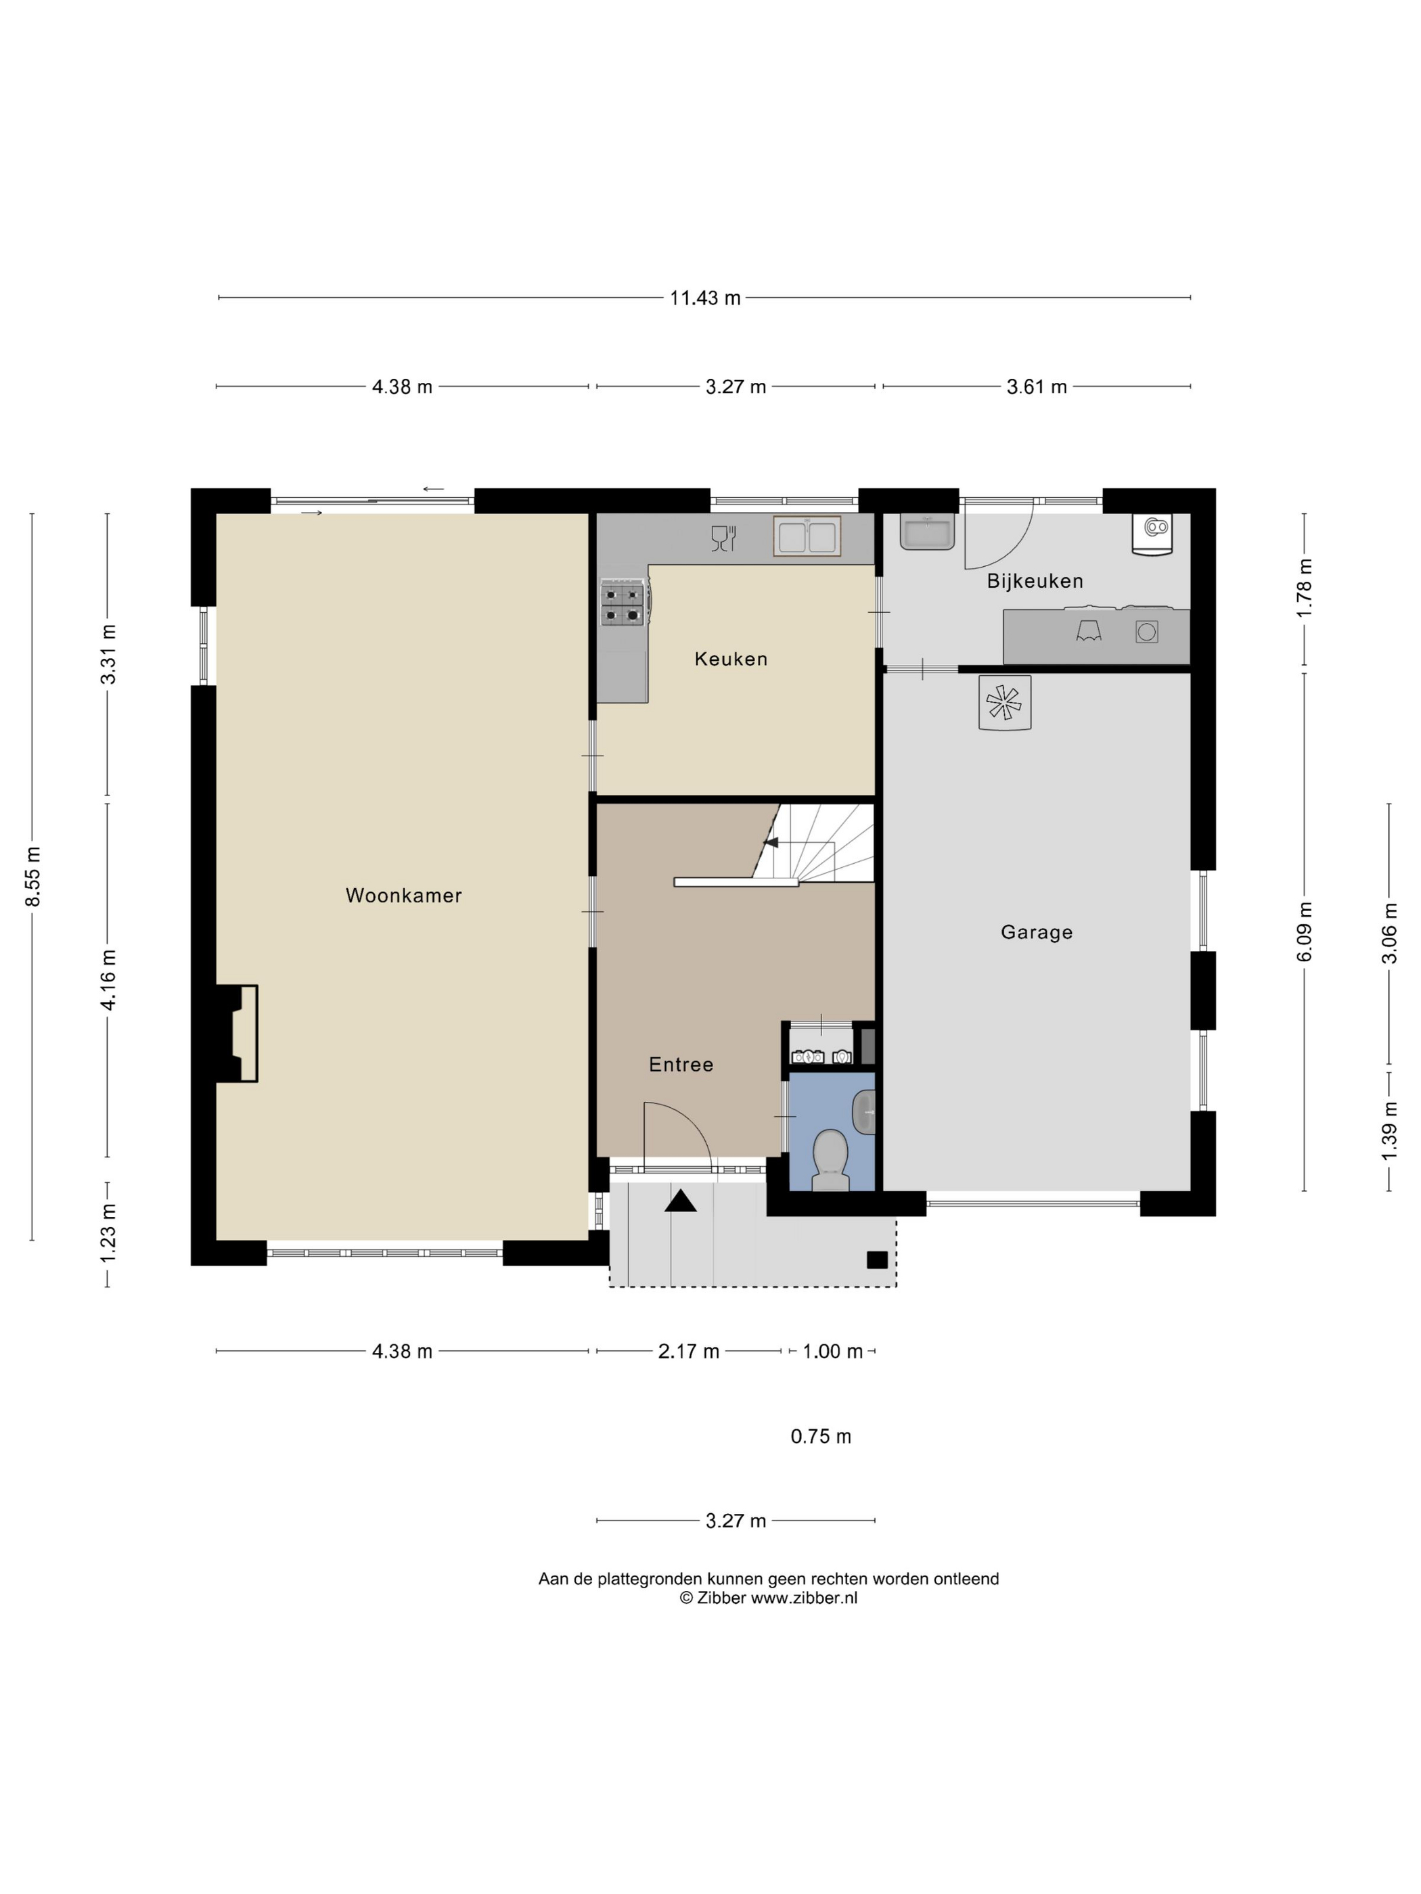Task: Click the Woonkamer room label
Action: click(x=403, y=896)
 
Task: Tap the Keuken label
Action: click(x=731, y=660)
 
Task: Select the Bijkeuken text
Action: click(x=1035, y=581)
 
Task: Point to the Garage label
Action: click(x=1037, y=932)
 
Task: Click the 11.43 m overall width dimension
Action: click(x=705, y=298)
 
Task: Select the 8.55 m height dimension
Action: click(x=32, y=876)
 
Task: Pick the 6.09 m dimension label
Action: click(x=1305, y=931)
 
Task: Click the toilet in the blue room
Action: click(x=829, y=1160)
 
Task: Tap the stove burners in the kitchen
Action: click(x=623, y=603)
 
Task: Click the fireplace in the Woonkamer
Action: click(x=238, y=1034)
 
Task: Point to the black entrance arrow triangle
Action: click(x=681, y=1201)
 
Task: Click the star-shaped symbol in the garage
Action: click(x=1005, y=703)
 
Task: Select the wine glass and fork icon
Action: click(x=724, y=538)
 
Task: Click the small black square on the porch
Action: click(x=876, y=1260)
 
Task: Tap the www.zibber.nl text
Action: click(x=805, y=1598)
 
